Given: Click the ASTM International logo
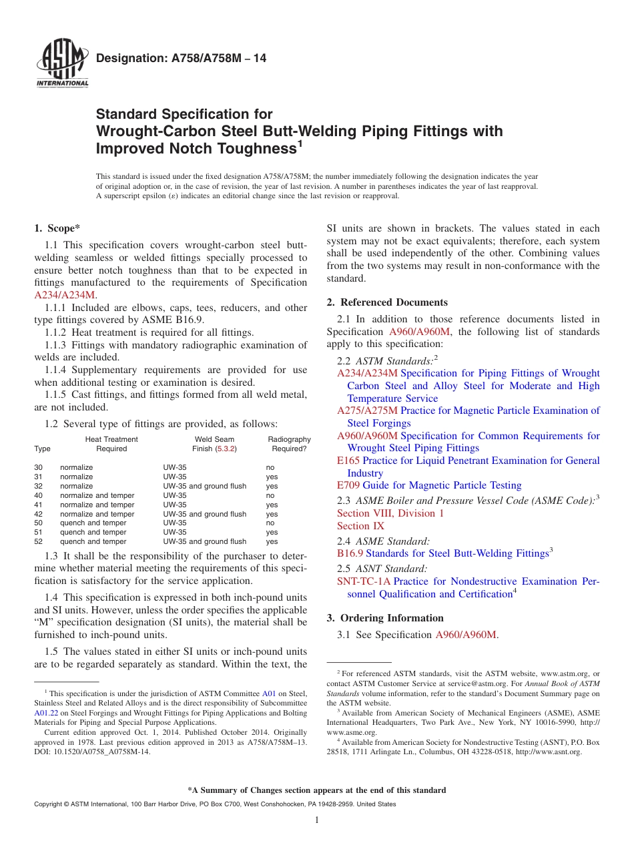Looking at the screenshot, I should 62,64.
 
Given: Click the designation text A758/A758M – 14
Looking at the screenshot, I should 181,59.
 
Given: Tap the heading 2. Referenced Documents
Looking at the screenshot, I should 387,302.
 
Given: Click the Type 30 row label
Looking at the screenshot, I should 38,468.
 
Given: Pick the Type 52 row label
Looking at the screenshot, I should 38,542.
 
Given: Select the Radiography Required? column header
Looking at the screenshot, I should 289,444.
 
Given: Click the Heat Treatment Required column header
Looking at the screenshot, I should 111,444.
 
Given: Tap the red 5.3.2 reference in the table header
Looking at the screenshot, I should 226,449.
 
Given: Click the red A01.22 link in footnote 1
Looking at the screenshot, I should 45,714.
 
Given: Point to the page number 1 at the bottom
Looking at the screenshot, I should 317,820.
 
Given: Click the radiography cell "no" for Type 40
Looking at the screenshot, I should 270,496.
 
